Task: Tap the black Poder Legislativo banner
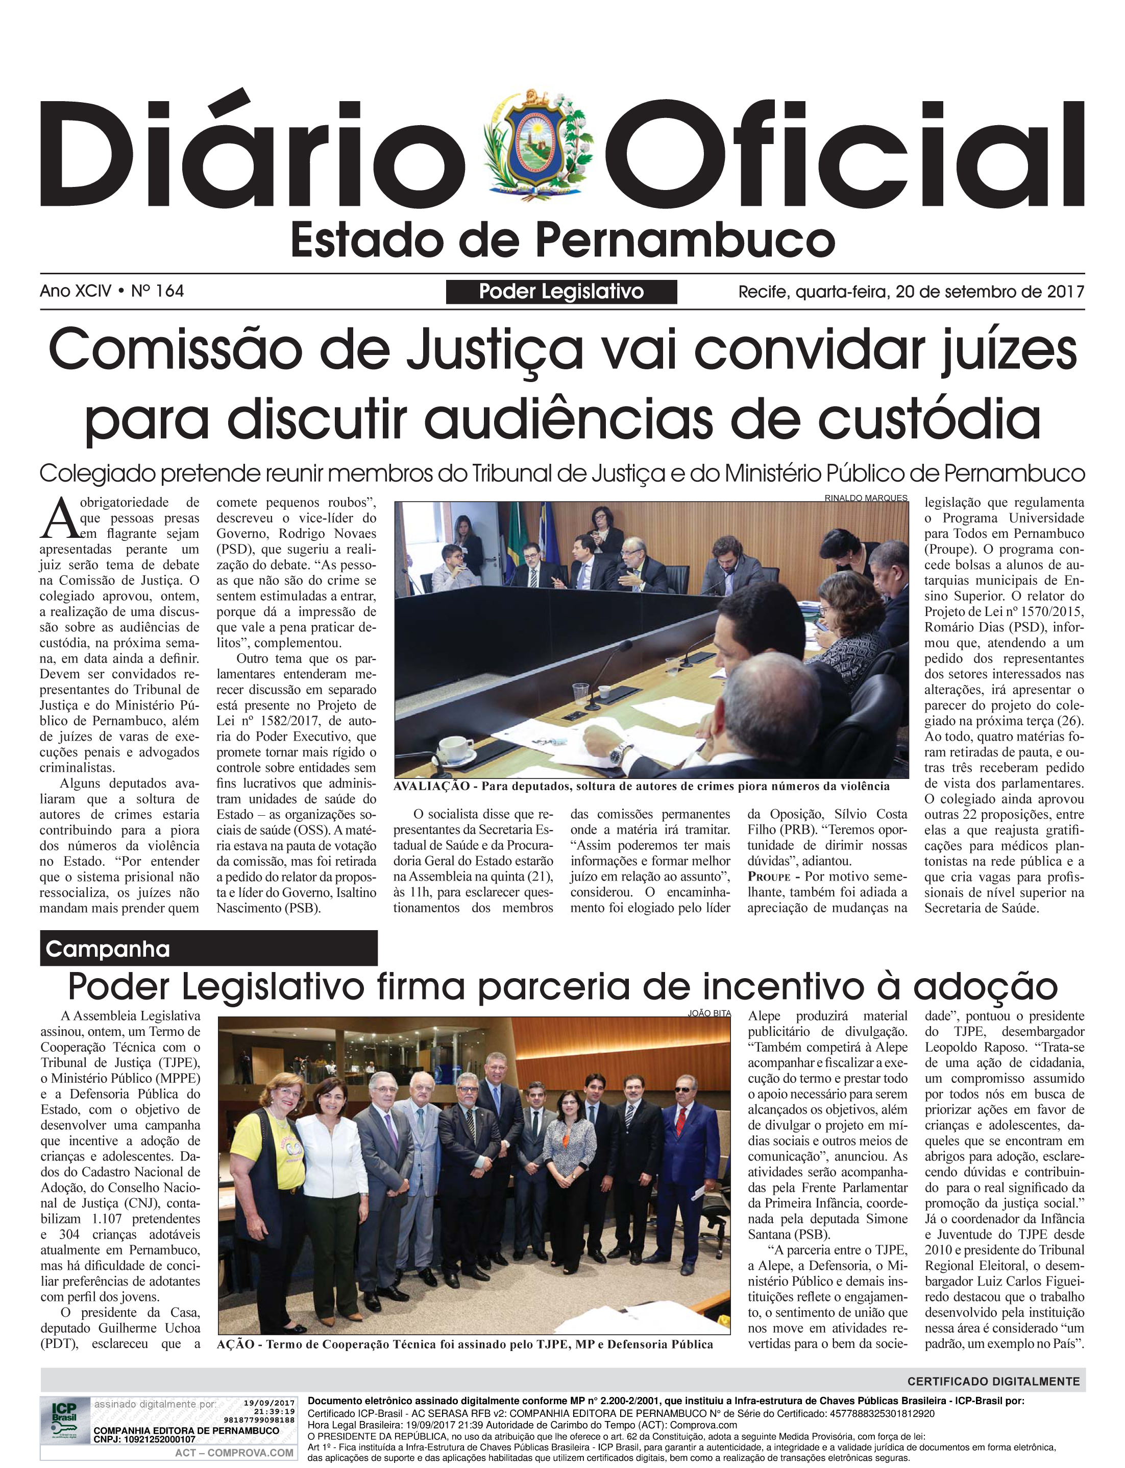pyautogui.click(x=561, y=292)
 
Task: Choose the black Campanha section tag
pyautogui.click(x=208, y=949)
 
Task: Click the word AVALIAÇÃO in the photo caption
pyautogui.click(x=431, y=786)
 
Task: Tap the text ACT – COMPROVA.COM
pyautogui.click(x=234, y=1453)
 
